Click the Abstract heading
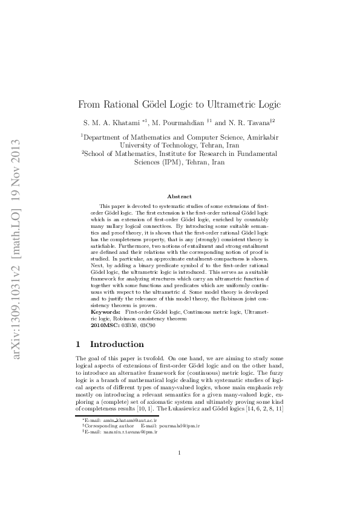[x=180, y=196]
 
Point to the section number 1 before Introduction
[x=78, y=345]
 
